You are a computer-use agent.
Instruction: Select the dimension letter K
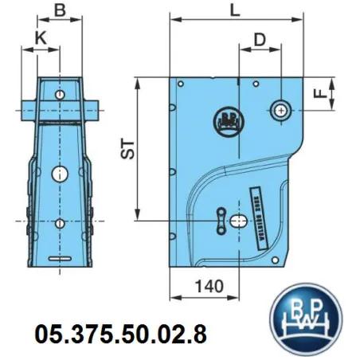click(x=41, y=37)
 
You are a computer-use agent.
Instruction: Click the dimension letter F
click(x=319, y=94)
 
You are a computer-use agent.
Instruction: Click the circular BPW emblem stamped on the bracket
click(x=229, y=120)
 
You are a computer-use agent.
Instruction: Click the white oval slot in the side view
click(x=238, y=223)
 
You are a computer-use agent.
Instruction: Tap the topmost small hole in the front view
click(x=61, y=95)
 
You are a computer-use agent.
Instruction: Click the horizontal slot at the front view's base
click(x=60, y=260)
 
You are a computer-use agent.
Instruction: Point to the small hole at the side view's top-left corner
click(x=182, y=83)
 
